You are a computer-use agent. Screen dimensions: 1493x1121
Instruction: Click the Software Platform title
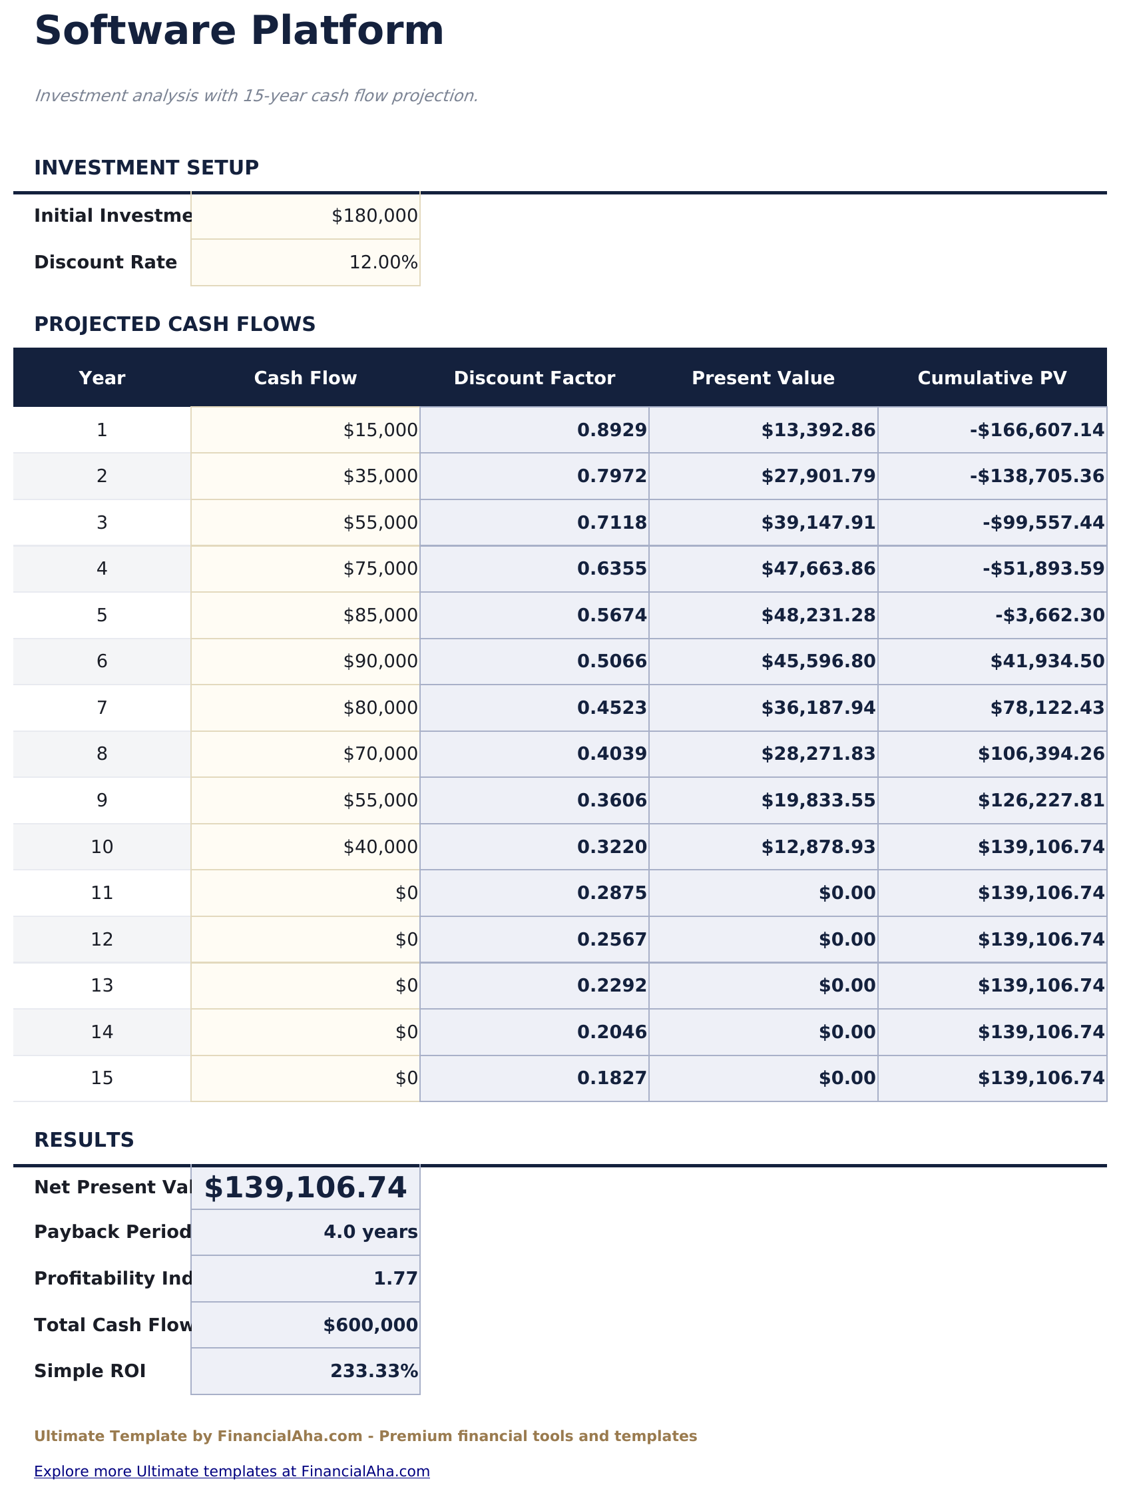239,32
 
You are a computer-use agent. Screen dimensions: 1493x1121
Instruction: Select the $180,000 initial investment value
374,216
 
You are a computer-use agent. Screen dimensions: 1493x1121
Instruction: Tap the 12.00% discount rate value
383,262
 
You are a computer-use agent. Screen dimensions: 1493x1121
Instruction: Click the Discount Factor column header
534,378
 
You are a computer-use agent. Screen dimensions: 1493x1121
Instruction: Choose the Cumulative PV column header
991,378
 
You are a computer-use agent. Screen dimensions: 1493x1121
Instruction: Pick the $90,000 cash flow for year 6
380,661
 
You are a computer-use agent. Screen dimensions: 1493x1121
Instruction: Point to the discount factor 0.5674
611,615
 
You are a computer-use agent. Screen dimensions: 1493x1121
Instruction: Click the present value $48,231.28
817,615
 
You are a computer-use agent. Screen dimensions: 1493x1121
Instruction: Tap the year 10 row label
102,847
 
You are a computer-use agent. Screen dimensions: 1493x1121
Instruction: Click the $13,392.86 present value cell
817,430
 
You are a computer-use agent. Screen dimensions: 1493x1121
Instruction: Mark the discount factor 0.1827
611,1079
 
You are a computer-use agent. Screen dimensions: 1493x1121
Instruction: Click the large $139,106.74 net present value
305,1188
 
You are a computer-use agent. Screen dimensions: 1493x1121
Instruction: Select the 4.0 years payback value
370,1233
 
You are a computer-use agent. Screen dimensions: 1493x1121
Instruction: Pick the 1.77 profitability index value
395,1279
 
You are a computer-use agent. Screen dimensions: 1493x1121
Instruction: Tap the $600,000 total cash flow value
370,1326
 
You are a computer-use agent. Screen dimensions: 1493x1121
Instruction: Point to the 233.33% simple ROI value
373,1372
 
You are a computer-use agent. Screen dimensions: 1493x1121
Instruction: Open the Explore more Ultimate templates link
232,1472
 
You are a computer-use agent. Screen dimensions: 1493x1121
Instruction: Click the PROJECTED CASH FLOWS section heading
174,325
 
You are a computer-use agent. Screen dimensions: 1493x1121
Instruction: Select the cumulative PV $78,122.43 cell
1046,708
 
